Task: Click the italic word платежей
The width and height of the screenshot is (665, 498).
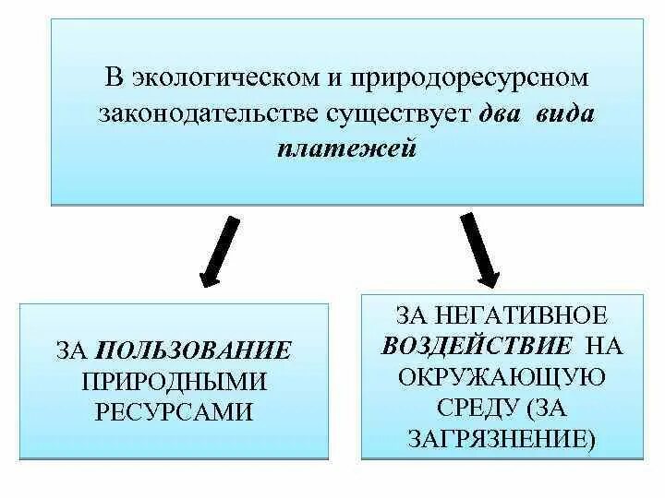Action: tap(346, 149)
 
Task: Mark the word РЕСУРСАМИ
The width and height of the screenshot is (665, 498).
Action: tap(174, 411)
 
